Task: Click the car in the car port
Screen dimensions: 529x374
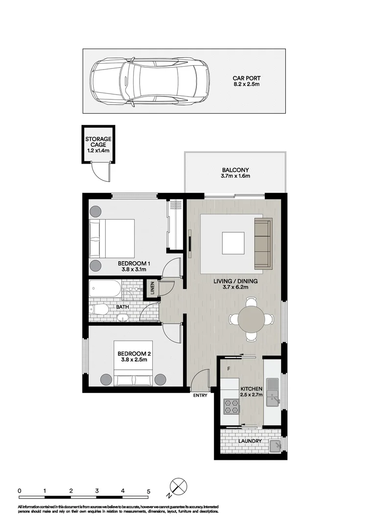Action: [149, 81]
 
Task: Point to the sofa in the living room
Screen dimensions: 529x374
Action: [262, 243]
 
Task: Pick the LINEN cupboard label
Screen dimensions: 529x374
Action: [152, 288]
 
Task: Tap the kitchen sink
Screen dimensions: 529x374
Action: [272, 393]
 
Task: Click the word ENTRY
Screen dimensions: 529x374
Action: [200, 395]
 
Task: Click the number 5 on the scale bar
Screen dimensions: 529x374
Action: [149, 490]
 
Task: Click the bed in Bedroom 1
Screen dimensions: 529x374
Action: [112, 239]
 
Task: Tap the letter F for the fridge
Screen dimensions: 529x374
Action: [228, 368]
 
